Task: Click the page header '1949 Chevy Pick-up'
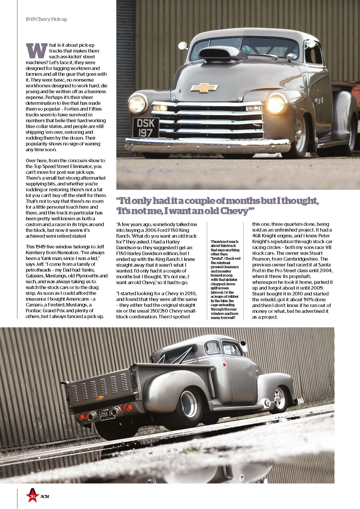[46, 20]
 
